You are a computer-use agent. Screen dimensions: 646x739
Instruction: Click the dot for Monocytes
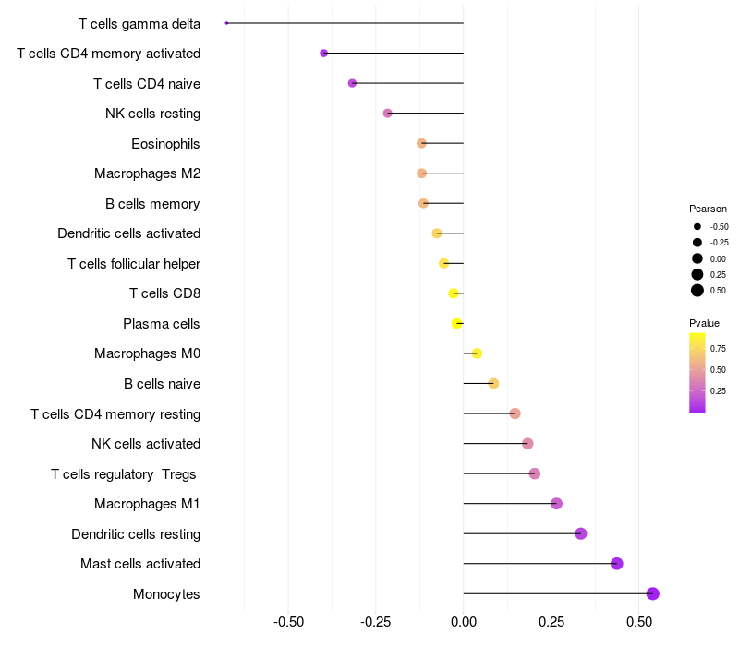(653, 593)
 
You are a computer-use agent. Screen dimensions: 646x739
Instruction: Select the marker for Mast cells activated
(617, 564)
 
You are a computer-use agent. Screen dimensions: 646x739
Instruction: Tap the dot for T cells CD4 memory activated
(324, 54)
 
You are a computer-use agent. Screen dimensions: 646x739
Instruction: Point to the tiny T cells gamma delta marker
(226, 23)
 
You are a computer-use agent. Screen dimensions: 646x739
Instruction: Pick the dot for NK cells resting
(388, 114)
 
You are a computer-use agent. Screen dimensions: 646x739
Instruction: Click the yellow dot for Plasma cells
(456, 323)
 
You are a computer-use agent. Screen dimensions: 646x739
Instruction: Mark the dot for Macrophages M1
(556, 503)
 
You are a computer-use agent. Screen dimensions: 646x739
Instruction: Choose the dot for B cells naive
(493, 383)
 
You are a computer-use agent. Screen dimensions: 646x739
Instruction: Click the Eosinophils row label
(165, 144)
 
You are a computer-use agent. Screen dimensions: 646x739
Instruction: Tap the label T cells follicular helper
(134, 264)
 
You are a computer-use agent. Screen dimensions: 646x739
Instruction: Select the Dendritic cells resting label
(136, 534)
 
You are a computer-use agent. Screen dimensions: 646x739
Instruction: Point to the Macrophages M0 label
(147, 353)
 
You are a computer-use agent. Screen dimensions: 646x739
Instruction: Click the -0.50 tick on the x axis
(289, 623)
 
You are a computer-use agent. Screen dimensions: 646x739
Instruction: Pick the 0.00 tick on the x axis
(463, 623)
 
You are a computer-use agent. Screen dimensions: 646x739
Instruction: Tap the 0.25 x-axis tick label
(551, 623)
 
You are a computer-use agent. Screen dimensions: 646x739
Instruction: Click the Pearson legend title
(708, 209)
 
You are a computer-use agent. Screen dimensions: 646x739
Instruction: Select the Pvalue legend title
(704, 323)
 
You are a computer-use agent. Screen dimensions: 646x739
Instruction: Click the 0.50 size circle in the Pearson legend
(697, 291)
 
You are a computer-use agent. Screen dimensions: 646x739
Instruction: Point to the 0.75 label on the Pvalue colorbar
(718, 348)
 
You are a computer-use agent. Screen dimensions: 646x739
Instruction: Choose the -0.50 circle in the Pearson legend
(697, 226)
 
